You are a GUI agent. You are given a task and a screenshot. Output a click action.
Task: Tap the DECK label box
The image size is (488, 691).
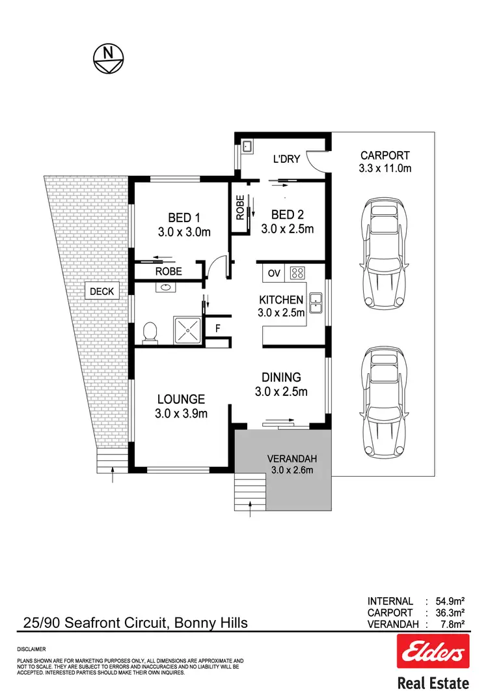(x=102, y=292)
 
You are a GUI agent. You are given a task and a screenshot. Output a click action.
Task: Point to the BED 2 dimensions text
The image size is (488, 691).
(x=287, y=229)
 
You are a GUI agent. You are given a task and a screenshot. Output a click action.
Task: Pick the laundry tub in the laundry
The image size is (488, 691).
(x=247, y=147)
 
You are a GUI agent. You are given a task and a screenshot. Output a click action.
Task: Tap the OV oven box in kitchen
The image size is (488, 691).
(x=274, y=273)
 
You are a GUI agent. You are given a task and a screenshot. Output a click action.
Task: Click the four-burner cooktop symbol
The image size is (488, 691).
(x=297, y=273)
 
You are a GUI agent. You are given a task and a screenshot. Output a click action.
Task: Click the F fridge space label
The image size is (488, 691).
(x=218, y=328)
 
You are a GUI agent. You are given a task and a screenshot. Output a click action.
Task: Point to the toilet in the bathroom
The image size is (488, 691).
(x=150, y=331)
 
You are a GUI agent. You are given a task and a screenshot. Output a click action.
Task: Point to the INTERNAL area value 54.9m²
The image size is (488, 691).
(x=449, y=601)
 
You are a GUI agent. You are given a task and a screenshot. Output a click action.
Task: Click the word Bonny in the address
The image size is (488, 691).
(x=197, y=623)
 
